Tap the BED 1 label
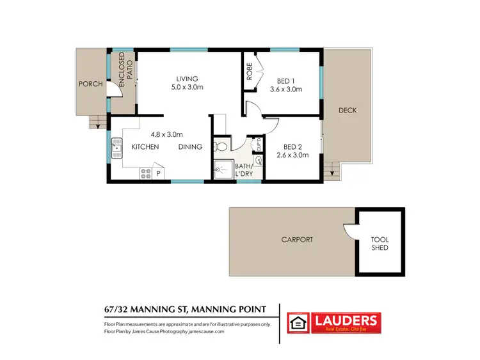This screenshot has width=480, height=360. [285, 81]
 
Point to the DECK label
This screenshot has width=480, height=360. [348, 111]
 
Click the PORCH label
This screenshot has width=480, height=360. [90, 84]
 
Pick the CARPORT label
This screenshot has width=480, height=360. [298, 240]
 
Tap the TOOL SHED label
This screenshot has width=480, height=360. [380, 244]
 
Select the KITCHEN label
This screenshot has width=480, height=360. [145, 147]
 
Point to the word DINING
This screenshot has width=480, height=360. [190, 147]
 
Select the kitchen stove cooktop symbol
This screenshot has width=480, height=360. [145, 172]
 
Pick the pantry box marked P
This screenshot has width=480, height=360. [158, 173]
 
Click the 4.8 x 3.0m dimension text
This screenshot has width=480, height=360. [166, 134]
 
